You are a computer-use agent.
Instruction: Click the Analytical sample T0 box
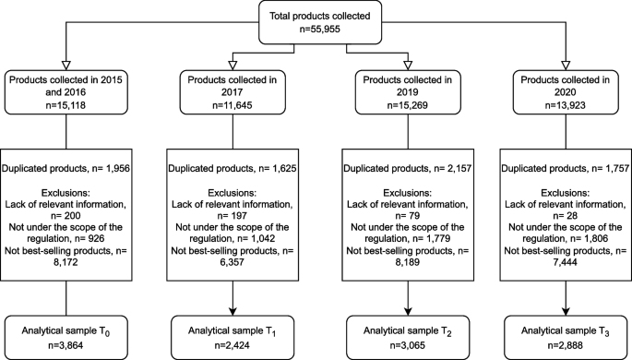[65, 330]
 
